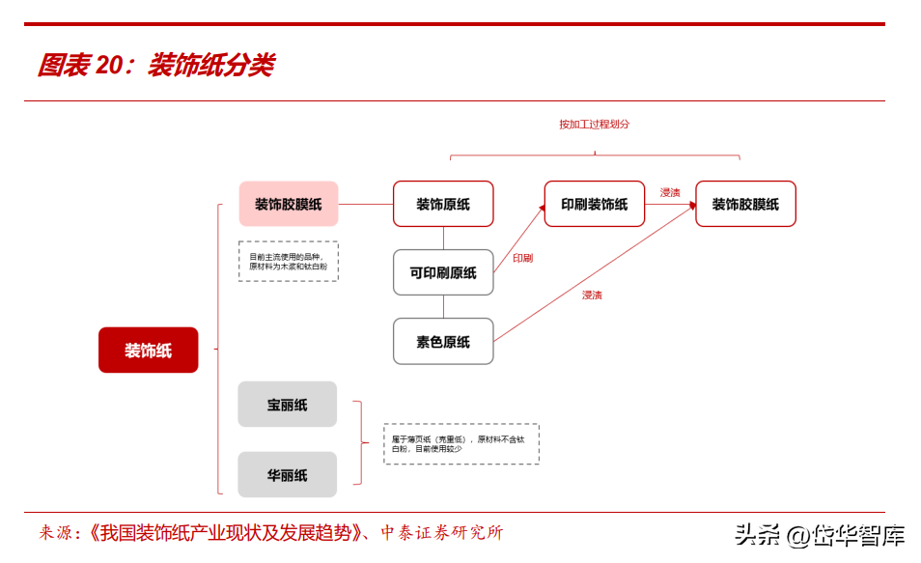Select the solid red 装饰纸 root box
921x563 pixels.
click(148, 350)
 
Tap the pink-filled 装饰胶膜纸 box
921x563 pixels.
click(289, 204)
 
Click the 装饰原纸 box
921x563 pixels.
click(443, 204)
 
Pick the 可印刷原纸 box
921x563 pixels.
click(443, 272)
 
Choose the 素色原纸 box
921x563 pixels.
click(443, 341)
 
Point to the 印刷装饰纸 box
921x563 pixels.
click(594, 204)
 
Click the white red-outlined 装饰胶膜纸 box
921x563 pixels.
click(745, 204)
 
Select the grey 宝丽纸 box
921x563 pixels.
click(288, 405)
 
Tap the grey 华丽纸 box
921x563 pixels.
click(288, 474)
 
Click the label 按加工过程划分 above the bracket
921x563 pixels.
click(594, 125)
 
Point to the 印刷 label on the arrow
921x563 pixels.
click(522, 258)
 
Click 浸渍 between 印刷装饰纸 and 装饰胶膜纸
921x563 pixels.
click(670, 192)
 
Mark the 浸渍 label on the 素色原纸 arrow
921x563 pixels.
click(592, 295)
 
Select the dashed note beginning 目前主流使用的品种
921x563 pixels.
click(289, 261)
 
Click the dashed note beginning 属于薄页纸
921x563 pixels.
click(460, 444)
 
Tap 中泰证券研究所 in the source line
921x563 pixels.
click(441, 532)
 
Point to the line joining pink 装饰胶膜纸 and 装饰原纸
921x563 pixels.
click(366, 204)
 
